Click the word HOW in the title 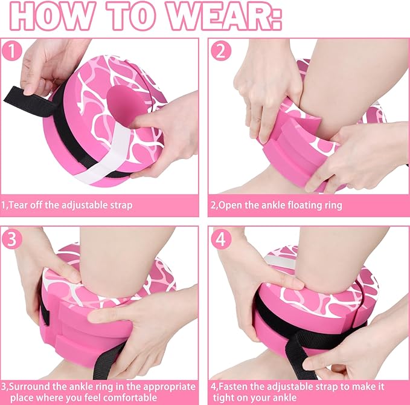pyautogui.click(x=51, y=16)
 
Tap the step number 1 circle pyautogui.click(x=11, y=51)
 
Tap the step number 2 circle pyautogui.click(x=221, y=51)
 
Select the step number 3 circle pyautogui.click(x=11, y=239)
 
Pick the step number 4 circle pyautogui.click(x=221, y=239)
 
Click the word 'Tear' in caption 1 pyautogui.click(x=18, y=205)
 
